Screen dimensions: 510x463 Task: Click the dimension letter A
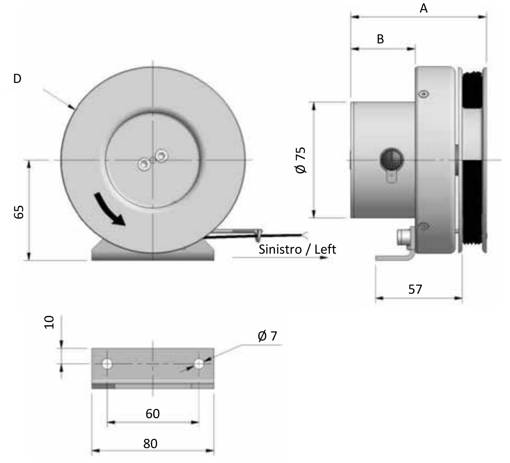pyautogui.click(x=423, y=8)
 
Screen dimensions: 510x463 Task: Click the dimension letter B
pyautogui.click(x=380, y=39)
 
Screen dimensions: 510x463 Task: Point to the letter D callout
pyautogui.click(x=17, y=79)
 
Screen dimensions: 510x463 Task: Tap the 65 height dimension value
pyautogui.click(x=19, y=212)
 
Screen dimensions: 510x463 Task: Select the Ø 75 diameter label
pyautogui.click(x=301, y=160)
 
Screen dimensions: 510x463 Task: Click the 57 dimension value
pyautogui.click(x=415, y=289)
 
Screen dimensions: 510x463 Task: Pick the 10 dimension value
pyautogui.click(x=49, y=322)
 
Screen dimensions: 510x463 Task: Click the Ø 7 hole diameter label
pyautogui.click(x=267, y=336)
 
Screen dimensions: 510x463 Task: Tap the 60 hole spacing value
pyautogui.click(x=153, y=414)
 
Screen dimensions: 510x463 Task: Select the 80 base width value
pyautogui.click(x=150, y=443)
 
